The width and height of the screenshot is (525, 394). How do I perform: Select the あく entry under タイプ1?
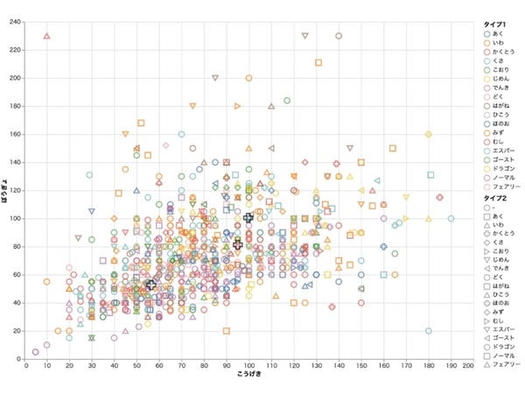[x=498, y=33]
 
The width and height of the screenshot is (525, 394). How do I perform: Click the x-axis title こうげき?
[x=249, y=375]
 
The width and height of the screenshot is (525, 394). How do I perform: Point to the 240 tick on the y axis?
[x=16, y=21]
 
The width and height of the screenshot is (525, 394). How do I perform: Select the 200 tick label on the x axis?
[x=470, y=365]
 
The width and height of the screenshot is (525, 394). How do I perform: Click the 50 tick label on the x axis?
[x=136, y=365]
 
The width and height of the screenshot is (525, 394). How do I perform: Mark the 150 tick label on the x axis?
[x=360, y=365]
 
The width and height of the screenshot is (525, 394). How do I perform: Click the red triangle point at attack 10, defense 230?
[x=47, y=36]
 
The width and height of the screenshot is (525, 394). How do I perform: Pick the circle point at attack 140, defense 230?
[x=338, y=36]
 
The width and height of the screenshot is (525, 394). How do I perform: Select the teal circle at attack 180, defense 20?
[x=428, y=331]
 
